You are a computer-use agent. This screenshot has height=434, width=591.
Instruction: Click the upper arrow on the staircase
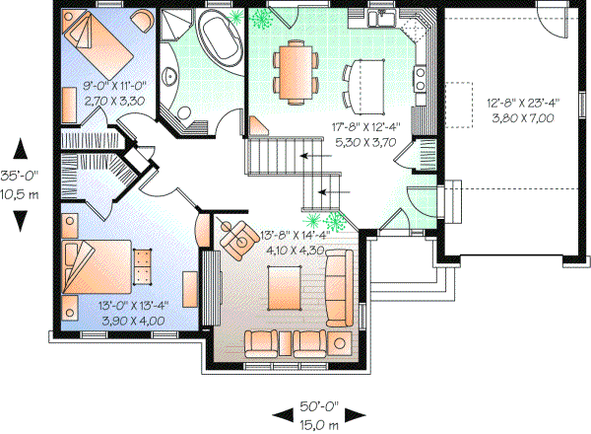click(316, 156)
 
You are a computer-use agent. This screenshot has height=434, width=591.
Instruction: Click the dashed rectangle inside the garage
click(464, 102)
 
